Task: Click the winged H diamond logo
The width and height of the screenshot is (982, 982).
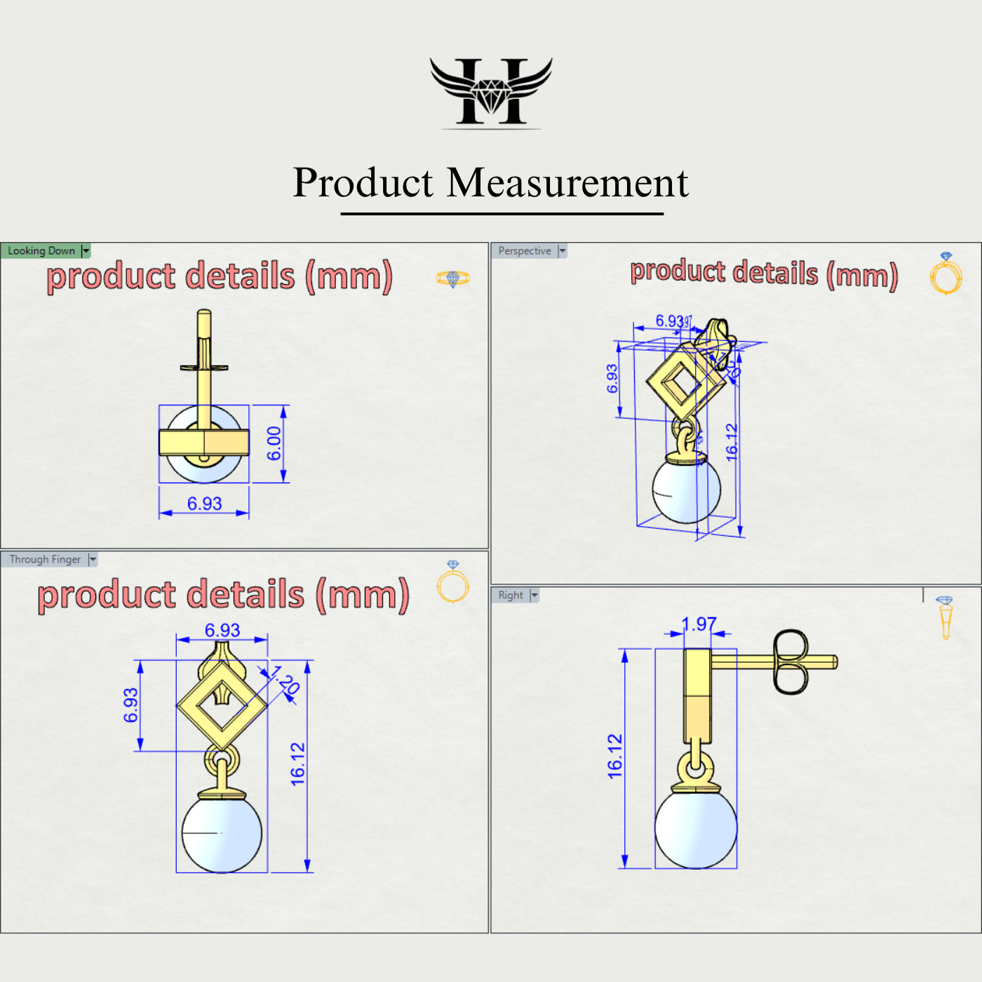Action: tap(491, 93)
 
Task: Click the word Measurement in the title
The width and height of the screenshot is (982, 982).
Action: tap(567, 183)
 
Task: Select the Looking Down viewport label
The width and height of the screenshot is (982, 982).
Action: tap(41, 251)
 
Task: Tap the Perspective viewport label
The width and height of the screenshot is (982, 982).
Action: tap(525, 251)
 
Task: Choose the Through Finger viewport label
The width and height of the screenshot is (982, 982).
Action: tap(45, 560)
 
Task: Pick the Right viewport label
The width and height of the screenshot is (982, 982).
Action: tap(511, 596)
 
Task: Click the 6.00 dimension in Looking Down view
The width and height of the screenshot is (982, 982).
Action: tap(274, 443)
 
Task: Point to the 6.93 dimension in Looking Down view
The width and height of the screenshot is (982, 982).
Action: tap(204, 504)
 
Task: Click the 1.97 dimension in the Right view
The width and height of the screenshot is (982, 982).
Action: tap(699, 624)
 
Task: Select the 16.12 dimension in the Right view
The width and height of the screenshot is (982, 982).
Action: tap(615, 756)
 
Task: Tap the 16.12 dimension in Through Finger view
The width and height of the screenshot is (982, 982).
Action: tap(298, 764)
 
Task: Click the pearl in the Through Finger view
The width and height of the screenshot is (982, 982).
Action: tap(222, 833)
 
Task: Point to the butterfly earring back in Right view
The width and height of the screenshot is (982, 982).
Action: tap(791, 662)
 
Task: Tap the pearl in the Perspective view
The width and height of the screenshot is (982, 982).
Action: tap(686, 490)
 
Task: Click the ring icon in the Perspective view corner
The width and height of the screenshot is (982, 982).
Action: tap(946, 274)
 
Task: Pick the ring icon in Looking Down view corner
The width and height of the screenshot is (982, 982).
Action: tap(452, 278)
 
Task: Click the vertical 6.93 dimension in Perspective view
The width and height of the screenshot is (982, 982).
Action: tap(612, 379)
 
